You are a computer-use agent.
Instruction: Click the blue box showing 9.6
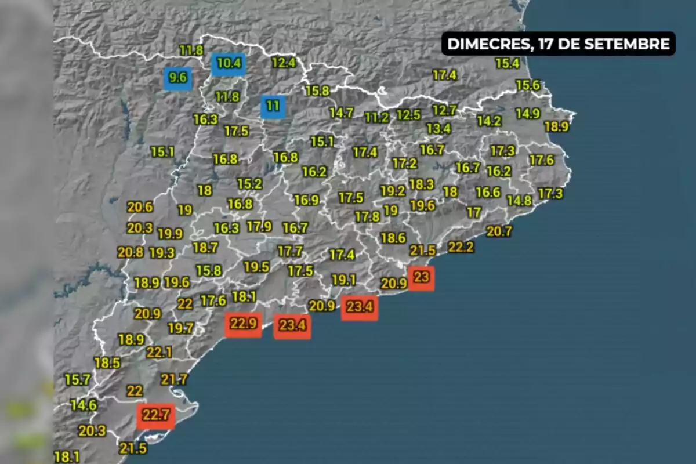178,78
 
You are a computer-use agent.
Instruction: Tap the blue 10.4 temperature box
229,63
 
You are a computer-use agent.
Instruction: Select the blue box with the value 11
273,106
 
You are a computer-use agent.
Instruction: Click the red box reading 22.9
243,324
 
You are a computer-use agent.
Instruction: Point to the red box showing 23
421,277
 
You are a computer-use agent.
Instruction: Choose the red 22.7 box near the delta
155,415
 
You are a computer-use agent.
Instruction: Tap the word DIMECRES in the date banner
486,44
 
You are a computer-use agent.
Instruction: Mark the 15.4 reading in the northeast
507,64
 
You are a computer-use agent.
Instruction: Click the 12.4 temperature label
284,63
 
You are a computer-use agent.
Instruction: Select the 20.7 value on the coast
499,231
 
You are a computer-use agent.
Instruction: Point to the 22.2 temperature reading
461,247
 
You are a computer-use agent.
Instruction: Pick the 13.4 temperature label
438,128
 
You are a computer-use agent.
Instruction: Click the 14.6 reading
84,405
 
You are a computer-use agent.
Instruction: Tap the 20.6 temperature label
140,207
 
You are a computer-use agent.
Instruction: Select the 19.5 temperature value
256,267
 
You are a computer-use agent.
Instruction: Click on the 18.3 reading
421,184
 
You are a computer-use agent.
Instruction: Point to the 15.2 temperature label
249,184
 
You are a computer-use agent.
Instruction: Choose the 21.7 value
175,380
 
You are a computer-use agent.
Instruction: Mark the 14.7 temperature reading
342,113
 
